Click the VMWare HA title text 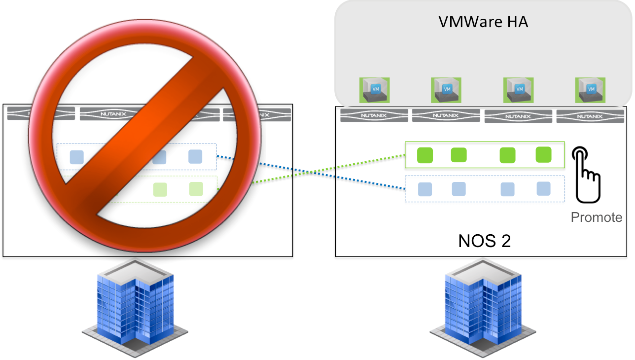click(x=483, y=22)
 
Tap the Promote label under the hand click(x=597, y=217)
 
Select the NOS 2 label click(x=485, y=241)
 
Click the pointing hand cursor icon click(x=586, y=175)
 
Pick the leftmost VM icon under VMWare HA click(x=375, y=90)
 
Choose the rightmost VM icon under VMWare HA click(x=590, y=90)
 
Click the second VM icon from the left click(x=446, y=90)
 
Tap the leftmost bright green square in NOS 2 click(x=425, y=155)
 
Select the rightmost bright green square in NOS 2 click(x=543, y=155)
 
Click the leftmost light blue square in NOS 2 click(x=425, y=189)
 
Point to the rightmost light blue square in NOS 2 click(x=543, y=189)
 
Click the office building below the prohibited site click(x=135, y=308)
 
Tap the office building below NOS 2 click(x=483, y=308)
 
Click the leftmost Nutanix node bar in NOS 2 click(x=374, y=115)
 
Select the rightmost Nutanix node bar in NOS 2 click(x=590, y=116)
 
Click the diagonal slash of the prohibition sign click(x=144, y=136)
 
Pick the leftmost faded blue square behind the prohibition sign click(x=77, y=157)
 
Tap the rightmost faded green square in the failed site click(x=196, y=189)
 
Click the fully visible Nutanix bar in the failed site click(x=113, y=114)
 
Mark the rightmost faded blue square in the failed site click(x=195, y=157)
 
